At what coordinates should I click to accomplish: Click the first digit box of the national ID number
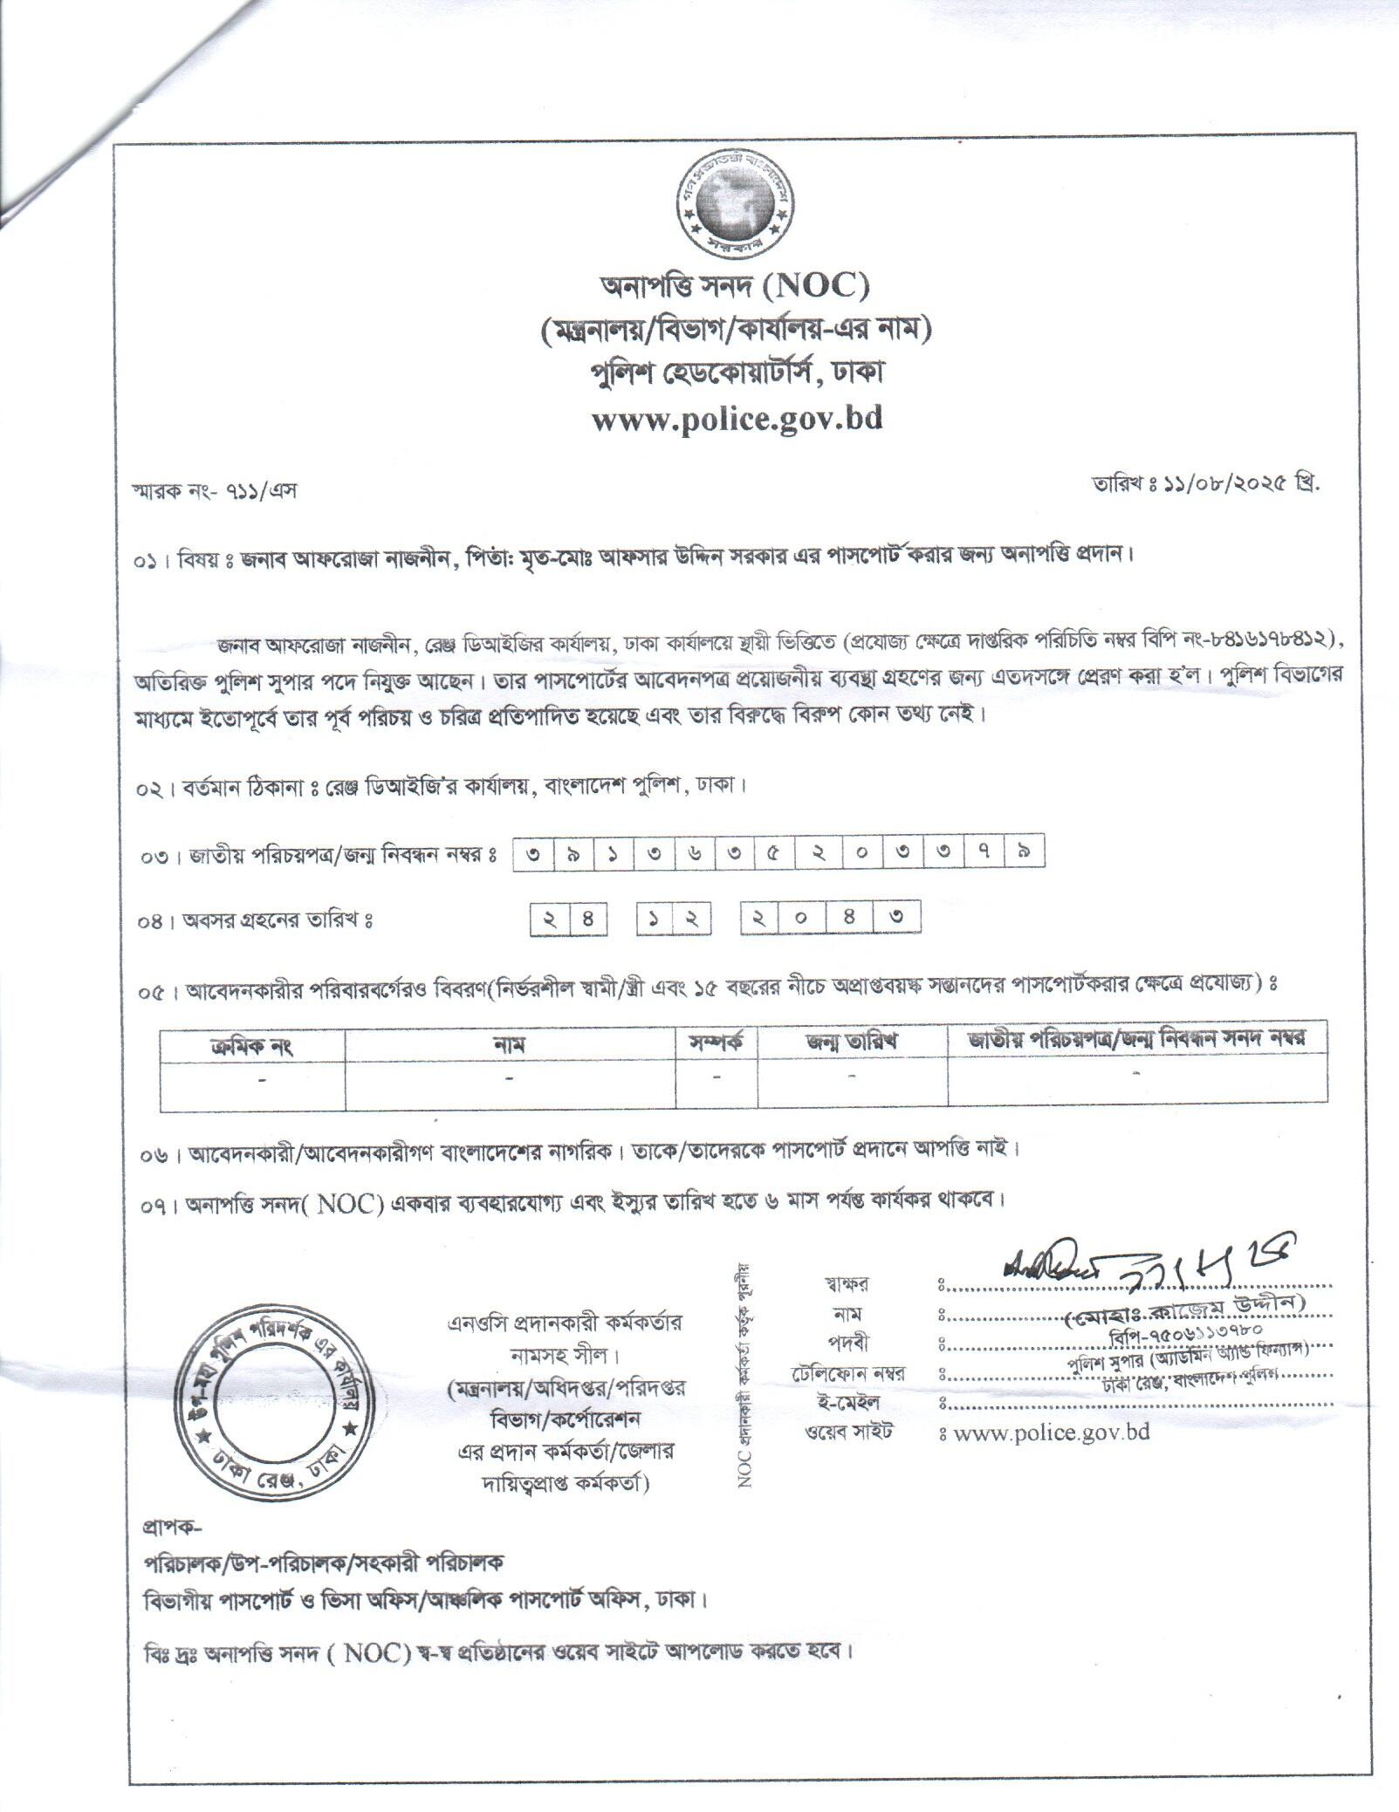click(x=531, y=853)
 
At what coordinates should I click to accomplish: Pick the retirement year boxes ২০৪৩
click(x=830, y=919)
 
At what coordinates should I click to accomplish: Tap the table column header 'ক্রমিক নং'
click(x=252, y=1044)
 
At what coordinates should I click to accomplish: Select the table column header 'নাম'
click(x=510, y=1044)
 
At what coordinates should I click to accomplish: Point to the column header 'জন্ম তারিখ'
click(x=852, y=1043)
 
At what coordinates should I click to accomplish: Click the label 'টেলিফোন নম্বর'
click(x=844, y=1372)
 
